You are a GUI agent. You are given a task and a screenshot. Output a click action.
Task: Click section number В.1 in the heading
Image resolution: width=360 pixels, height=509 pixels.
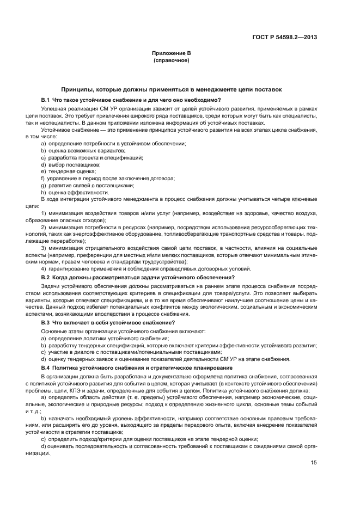(x=46, y=100)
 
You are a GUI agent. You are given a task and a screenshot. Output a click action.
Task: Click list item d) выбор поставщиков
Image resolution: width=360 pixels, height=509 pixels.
(x=71, y=164)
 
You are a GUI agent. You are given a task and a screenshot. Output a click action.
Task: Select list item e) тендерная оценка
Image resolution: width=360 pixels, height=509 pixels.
(x=68, y=171)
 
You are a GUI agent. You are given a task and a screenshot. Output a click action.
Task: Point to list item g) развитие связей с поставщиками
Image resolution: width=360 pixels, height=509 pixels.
(x=87, y=185)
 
